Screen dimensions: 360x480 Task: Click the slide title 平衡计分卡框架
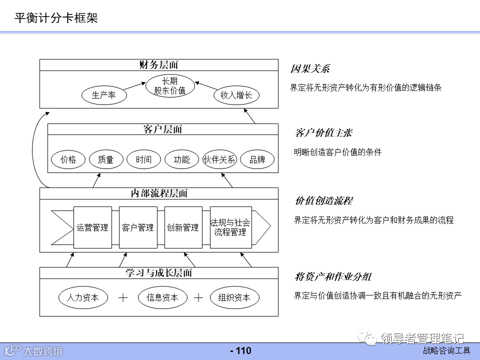coord(56,18)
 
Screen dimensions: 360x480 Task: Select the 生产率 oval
coord(103,95)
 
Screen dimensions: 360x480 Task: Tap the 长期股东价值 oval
coord(169,85)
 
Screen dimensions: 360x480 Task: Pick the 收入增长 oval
coord(236,95)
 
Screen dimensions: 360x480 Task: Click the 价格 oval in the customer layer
coord(68,159)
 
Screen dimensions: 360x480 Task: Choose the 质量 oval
coord(105,159)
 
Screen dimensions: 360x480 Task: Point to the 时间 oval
coord(143,159)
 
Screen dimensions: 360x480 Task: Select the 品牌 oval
coord(257,159)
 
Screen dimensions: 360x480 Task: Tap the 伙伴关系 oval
coord(219,159)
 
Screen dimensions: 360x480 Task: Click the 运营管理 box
coord(92,227)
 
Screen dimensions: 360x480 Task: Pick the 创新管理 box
coord(183,227)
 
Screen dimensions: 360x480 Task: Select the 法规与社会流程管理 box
coord(230,227)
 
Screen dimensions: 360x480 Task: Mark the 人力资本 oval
coord(83,297)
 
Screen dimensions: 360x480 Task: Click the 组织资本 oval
coord(234,297)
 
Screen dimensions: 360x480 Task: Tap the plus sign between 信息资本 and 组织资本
coord(198,297)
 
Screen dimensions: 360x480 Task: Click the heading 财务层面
coord(158,65)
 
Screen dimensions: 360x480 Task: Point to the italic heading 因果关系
coord(310,69)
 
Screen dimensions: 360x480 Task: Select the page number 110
coord(240,351)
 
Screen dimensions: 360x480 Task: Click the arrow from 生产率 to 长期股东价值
coord(134,85)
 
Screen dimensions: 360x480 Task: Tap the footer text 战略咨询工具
coord(446,351)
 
